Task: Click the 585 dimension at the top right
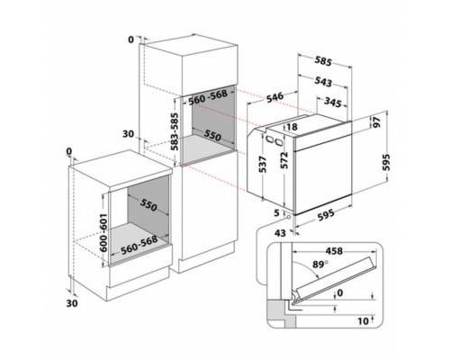[323, 62]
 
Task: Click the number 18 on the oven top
[291, 127]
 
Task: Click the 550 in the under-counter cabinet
[149, 207]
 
